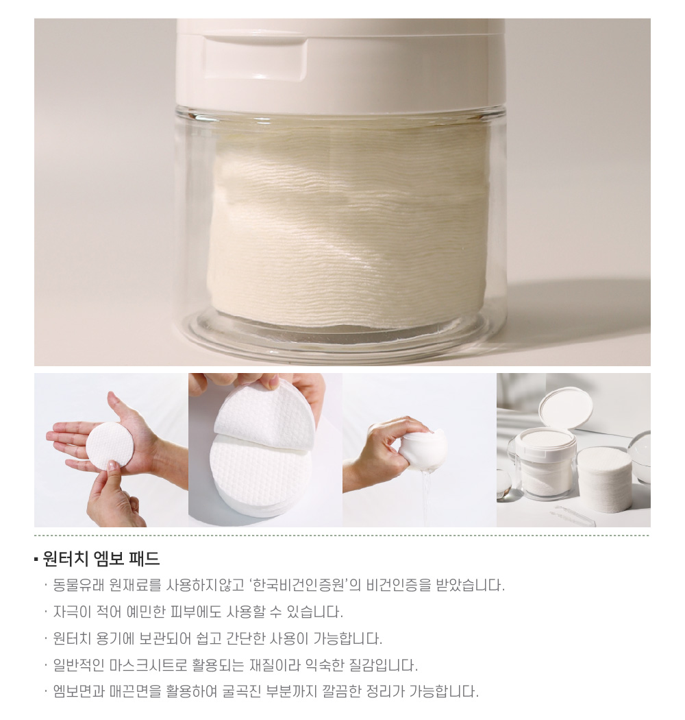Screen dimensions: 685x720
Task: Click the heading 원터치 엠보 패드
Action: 101,558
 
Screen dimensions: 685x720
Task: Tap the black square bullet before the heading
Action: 36,560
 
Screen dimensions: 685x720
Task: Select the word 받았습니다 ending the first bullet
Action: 470,585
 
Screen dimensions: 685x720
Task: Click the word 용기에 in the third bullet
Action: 116,638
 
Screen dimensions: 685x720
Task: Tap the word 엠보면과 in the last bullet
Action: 79,691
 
